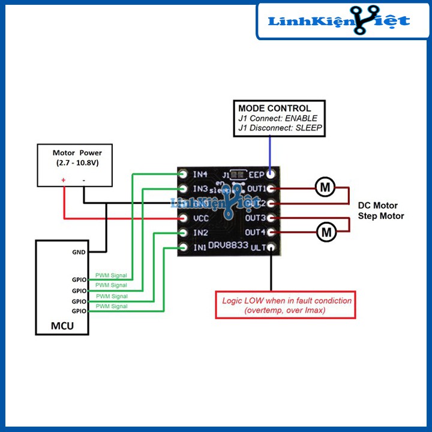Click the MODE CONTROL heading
pos(274,108)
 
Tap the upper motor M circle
pos(325,188)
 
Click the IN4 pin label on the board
pos(200,175)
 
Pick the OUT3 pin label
pos(256,218)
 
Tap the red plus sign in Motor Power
pos(63,179)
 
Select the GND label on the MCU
pos(79,253)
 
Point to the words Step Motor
pos(380,216)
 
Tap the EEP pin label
pos(257,175)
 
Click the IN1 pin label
pos(200,247)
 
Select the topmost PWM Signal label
pos(111,275)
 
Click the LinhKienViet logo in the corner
pos(339,21)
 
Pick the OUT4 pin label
pos(256,232)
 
